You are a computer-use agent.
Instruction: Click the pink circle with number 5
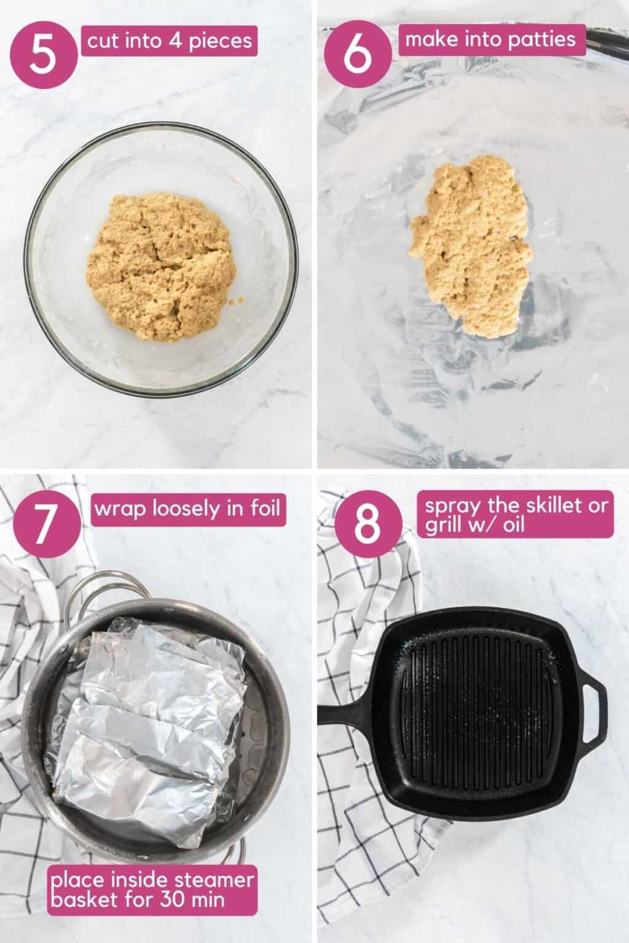tap(44, 54)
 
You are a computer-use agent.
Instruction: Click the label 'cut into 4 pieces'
tap(170, 41)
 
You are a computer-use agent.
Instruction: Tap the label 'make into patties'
tap(492, 40)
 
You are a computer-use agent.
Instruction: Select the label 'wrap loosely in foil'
tap(189, 510)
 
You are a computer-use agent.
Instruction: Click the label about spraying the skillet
tap(515, 514)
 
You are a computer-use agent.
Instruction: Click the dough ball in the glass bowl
tap(161, 267)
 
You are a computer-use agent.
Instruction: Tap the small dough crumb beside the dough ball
tap(237, 300)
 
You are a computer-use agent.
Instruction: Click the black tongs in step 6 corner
tap(608, 44)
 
